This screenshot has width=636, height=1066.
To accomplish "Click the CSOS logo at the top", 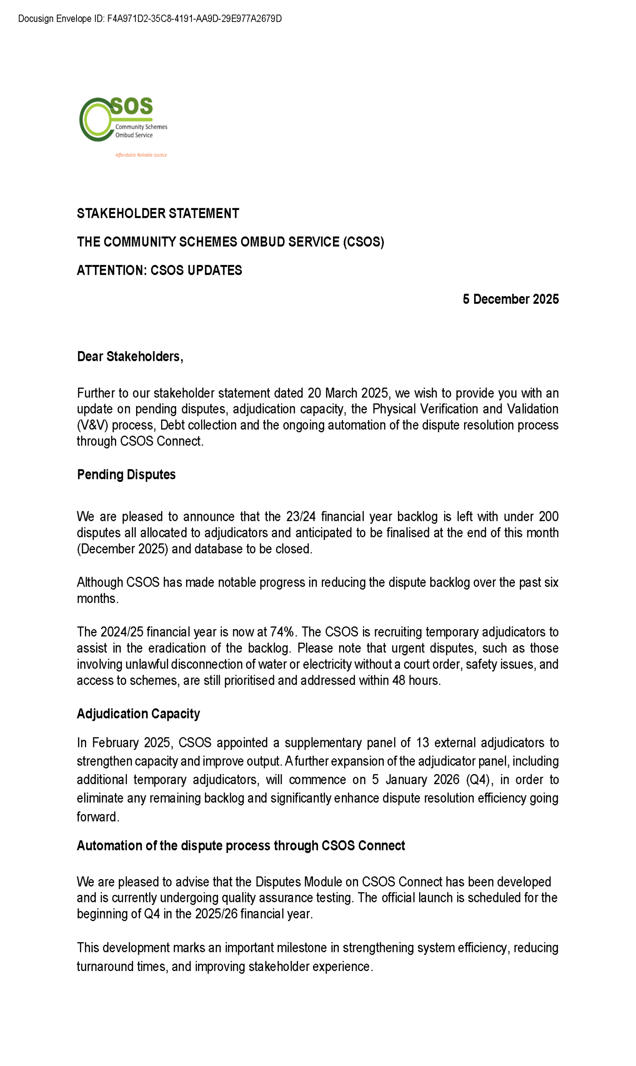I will (x=123, y=120).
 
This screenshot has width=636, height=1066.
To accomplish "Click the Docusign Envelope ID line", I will (x=149, y=19).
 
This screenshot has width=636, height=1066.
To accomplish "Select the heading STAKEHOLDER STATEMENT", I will (x=158, y=214).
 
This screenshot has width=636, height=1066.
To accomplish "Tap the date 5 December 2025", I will (x=510, y=299).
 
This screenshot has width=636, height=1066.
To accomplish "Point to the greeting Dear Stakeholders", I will (x=130, y=356).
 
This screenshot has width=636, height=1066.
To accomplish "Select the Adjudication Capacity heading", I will (x=138, y=714).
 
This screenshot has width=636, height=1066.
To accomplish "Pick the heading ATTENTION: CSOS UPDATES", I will (x=159, y=271).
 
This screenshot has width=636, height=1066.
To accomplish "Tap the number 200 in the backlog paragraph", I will (x=548, y=516).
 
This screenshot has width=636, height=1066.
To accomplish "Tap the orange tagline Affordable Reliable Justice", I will (x=141, y=155).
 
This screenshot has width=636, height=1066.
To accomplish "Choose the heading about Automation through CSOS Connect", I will (x=241, y=846).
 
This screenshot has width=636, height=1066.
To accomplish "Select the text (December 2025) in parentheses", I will (x=122, y=549).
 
